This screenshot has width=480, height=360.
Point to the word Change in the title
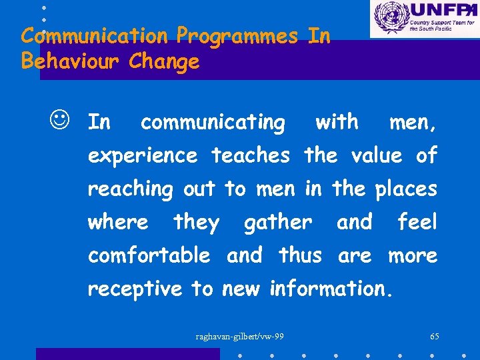(x=164, y=62)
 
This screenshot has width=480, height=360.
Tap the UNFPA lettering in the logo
(x=440, y=11)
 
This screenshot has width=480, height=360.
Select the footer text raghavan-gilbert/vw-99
(x=240, y=336)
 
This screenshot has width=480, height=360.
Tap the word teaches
(x=251, y=156)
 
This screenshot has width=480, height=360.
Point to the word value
(x=376, y=156)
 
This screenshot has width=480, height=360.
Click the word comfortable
(x=149, y=255)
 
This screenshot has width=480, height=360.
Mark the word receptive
(x=135, y=289)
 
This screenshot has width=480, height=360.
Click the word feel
(x=417, y=222)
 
